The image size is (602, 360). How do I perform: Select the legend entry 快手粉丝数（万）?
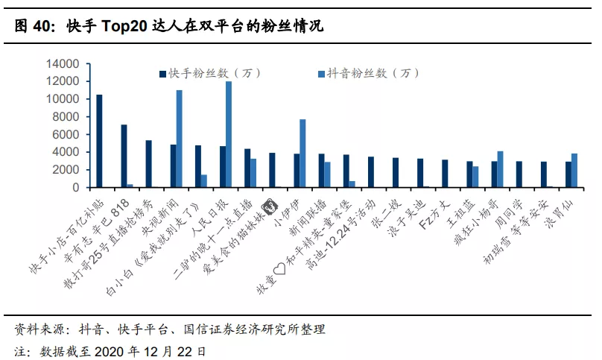click(x=206, y=73)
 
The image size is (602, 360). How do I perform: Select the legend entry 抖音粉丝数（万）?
click(x=365, y=73)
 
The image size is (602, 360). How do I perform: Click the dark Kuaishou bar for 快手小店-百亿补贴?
click(x=100, y=141)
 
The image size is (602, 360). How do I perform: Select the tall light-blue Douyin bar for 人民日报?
click(x=229, y=134)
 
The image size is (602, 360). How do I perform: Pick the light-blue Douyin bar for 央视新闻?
click(x=180, y=139)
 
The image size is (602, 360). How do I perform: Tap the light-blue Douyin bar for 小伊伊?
click(x=302, y=153)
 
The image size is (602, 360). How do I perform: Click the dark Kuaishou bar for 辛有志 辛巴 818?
click(x=124, y=156)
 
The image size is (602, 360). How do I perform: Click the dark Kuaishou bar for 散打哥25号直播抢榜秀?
click(x=149, y=163)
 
